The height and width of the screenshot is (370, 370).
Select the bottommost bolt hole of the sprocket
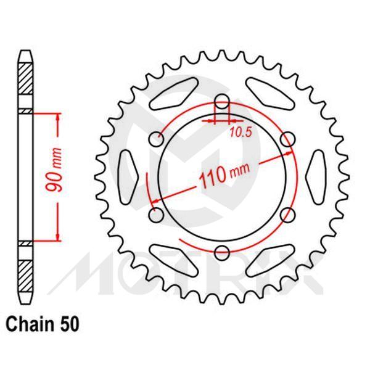(223, 251)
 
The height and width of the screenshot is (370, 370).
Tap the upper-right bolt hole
(287, 139)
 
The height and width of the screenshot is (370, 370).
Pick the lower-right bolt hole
(287, 214)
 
